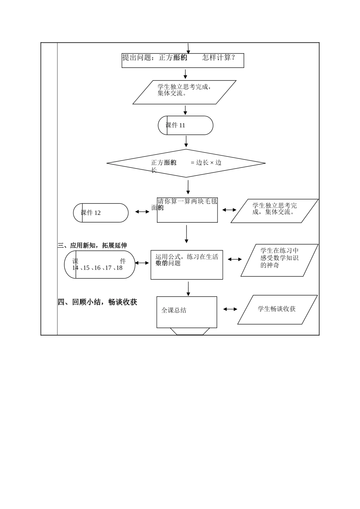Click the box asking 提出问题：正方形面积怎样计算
coord(183,61)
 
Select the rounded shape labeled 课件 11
coord(186,125)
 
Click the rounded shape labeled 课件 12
coord(101,213)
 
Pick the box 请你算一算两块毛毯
coord(187,210)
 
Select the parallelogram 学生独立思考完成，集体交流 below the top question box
coord(185,92)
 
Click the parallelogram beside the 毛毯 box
coord(274,211)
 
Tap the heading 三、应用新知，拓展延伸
coord(92,245)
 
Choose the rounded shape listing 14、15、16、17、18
coord(100,264)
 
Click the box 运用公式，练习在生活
coord(186,265)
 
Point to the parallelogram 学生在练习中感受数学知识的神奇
coord(279,260)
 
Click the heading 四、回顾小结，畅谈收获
coord(97,302)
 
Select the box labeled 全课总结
coord(187,312)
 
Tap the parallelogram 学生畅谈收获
coord(277,309)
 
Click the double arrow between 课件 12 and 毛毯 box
coord(142,212)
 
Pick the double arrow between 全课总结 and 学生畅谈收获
coord(230,309)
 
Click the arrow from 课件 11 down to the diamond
coord(186,141)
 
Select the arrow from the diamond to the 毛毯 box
coord(188,187)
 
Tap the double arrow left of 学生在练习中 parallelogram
coord(235,259)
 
